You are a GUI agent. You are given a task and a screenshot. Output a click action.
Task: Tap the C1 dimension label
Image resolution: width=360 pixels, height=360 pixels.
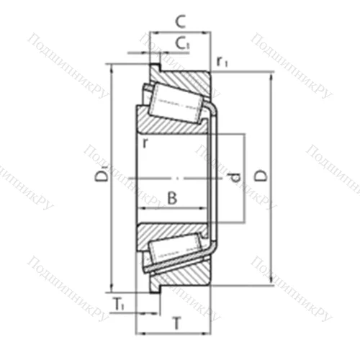(x=184, y=44)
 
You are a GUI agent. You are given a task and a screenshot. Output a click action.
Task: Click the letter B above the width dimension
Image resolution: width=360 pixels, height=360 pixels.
(x=171, y=196)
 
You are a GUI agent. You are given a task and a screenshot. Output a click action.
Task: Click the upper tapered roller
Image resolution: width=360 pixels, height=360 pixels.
(x=173, y=101)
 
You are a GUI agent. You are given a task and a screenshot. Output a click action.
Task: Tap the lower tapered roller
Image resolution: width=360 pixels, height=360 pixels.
(x=173, y=252)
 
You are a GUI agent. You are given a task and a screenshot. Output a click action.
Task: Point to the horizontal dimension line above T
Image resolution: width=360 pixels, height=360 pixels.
(x=173, y=334)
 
